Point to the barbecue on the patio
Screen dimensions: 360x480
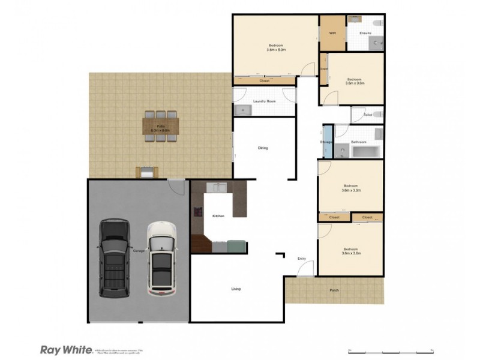146,172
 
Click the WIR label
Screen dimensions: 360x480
332,32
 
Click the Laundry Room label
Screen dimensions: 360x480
263,101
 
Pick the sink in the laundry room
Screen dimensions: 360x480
242,110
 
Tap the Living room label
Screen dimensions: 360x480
236,289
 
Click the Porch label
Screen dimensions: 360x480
334,291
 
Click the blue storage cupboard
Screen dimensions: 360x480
328,142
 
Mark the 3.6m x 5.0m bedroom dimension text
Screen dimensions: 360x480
276,50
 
